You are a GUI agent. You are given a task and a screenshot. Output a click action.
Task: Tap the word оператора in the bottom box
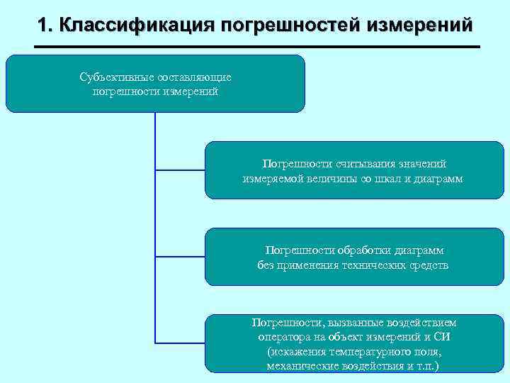click(282, 337)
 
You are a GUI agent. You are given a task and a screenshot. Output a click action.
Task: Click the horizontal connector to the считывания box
click(180, 170)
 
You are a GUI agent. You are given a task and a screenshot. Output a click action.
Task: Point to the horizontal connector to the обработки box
click(180, 256)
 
